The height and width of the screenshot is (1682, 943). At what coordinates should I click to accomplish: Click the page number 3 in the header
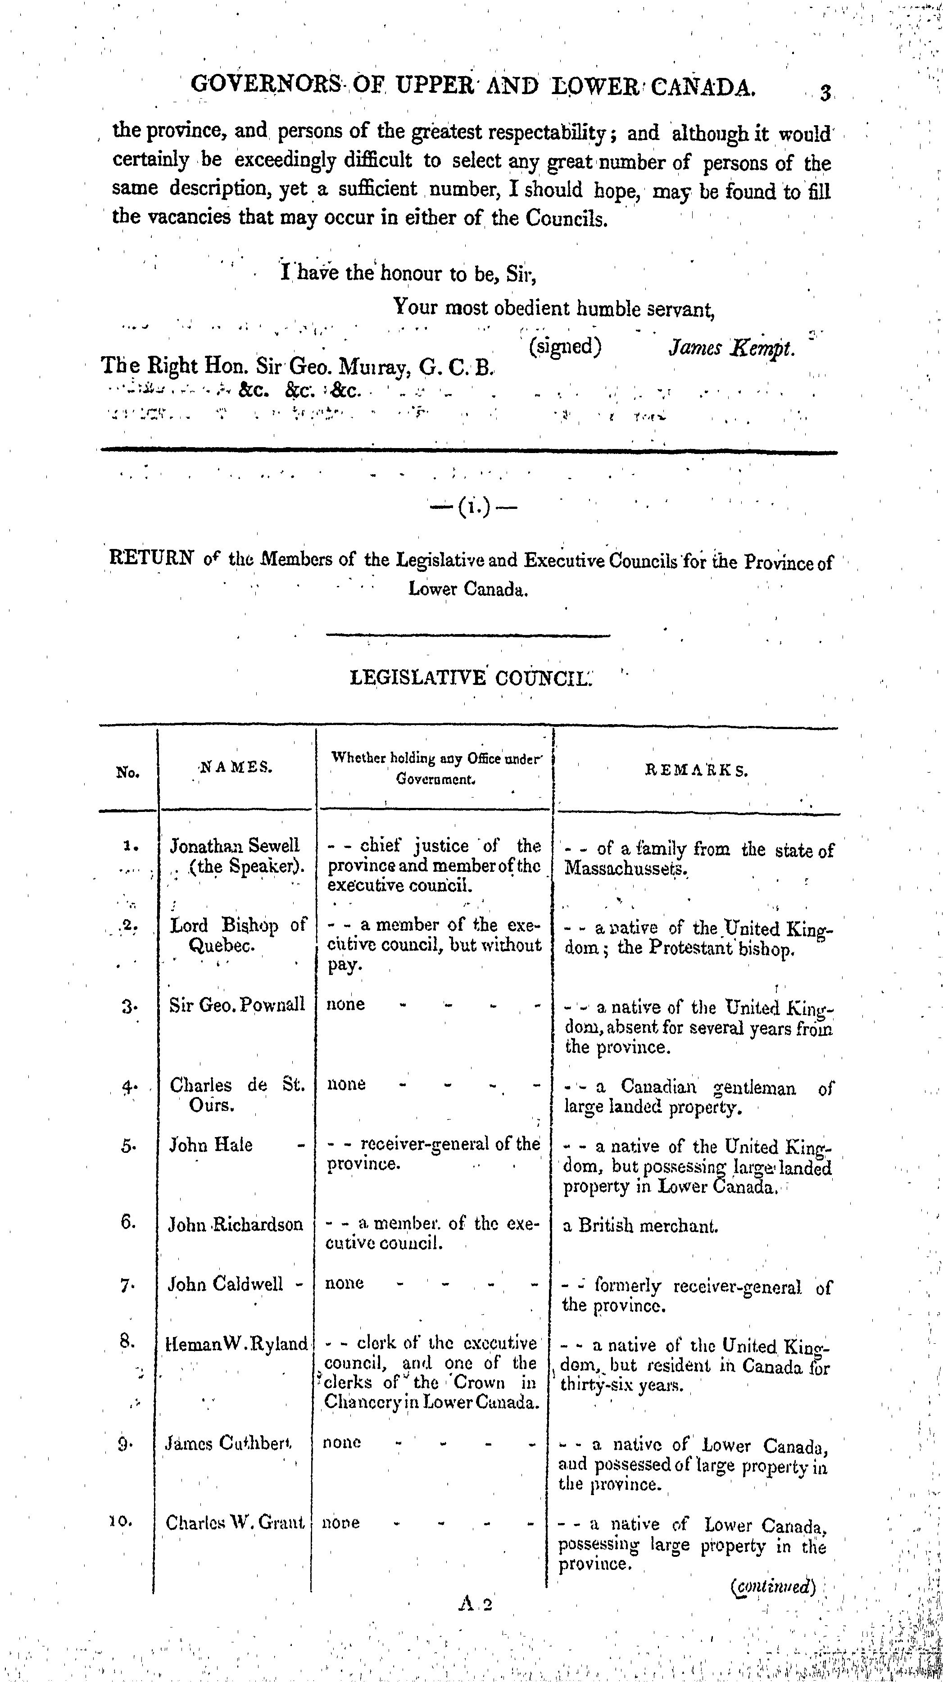(x=825, y=93)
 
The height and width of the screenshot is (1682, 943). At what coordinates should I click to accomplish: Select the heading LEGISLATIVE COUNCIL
(x=470, y=678)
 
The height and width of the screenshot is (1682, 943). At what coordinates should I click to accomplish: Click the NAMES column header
(x=236, y=769)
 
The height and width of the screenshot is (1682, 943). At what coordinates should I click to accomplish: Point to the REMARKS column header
(x=696, y=771)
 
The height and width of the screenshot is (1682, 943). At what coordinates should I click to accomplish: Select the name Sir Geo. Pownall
(x=237, y=1005)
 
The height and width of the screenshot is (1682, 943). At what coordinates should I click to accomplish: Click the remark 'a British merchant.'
(x=640, y=1226)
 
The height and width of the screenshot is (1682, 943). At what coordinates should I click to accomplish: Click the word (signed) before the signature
(x=564, y=346)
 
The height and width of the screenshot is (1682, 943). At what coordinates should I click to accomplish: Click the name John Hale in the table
(x=211, y=1145)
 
